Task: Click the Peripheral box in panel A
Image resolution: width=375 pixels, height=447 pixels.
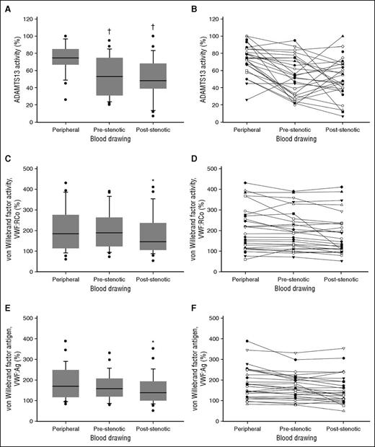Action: (71, 57)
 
